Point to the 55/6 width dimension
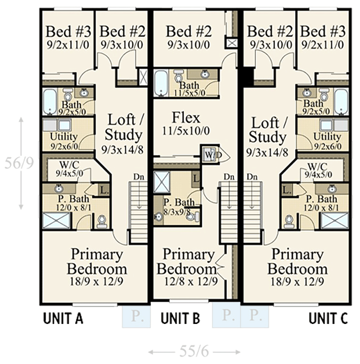(195, 352)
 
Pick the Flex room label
(185, 118)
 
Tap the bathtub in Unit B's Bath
(161, 83)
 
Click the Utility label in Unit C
(327, 136)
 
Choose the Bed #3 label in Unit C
(323, 32)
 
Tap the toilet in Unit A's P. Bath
(102, 222)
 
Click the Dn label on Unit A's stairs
(139, 177)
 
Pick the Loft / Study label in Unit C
(269, 130)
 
